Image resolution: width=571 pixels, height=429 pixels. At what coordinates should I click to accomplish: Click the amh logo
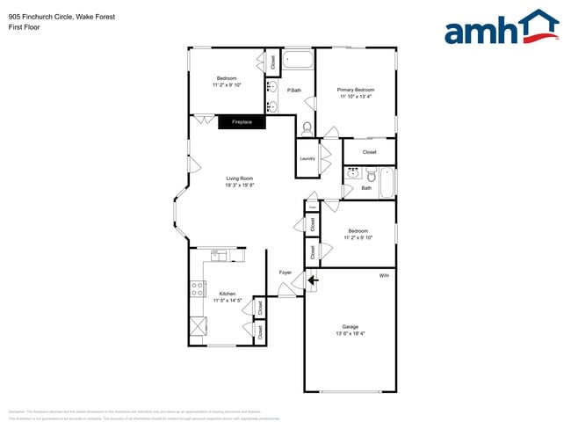point(502,28)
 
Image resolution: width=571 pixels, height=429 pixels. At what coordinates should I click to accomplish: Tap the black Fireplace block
point(242,122)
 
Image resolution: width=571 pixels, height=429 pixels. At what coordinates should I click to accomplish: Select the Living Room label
point(240,178)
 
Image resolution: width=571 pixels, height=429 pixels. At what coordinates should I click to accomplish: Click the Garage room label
point(351,326)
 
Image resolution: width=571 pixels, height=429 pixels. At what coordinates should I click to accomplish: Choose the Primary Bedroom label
point(356,90)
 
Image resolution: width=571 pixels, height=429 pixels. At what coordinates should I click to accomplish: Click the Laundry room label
point(307,158)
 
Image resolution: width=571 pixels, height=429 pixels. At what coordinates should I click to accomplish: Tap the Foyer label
point(285,273)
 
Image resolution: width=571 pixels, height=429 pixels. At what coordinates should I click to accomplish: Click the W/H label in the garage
point(384,276)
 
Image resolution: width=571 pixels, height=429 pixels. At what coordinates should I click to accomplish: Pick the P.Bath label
point(294,91)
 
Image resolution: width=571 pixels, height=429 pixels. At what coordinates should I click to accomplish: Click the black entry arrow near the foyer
point(312,280)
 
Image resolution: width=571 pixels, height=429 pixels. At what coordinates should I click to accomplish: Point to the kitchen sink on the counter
point(219,256)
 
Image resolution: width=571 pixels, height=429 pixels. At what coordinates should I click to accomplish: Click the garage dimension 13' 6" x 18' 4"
point(351,333)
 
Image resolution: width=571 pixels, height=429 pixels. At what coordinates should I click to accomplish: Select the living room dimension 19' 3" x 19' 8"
point(240,185)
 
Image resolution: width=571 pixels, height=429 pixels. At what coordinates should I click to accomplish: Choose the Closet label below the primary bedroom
point(369,152)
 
